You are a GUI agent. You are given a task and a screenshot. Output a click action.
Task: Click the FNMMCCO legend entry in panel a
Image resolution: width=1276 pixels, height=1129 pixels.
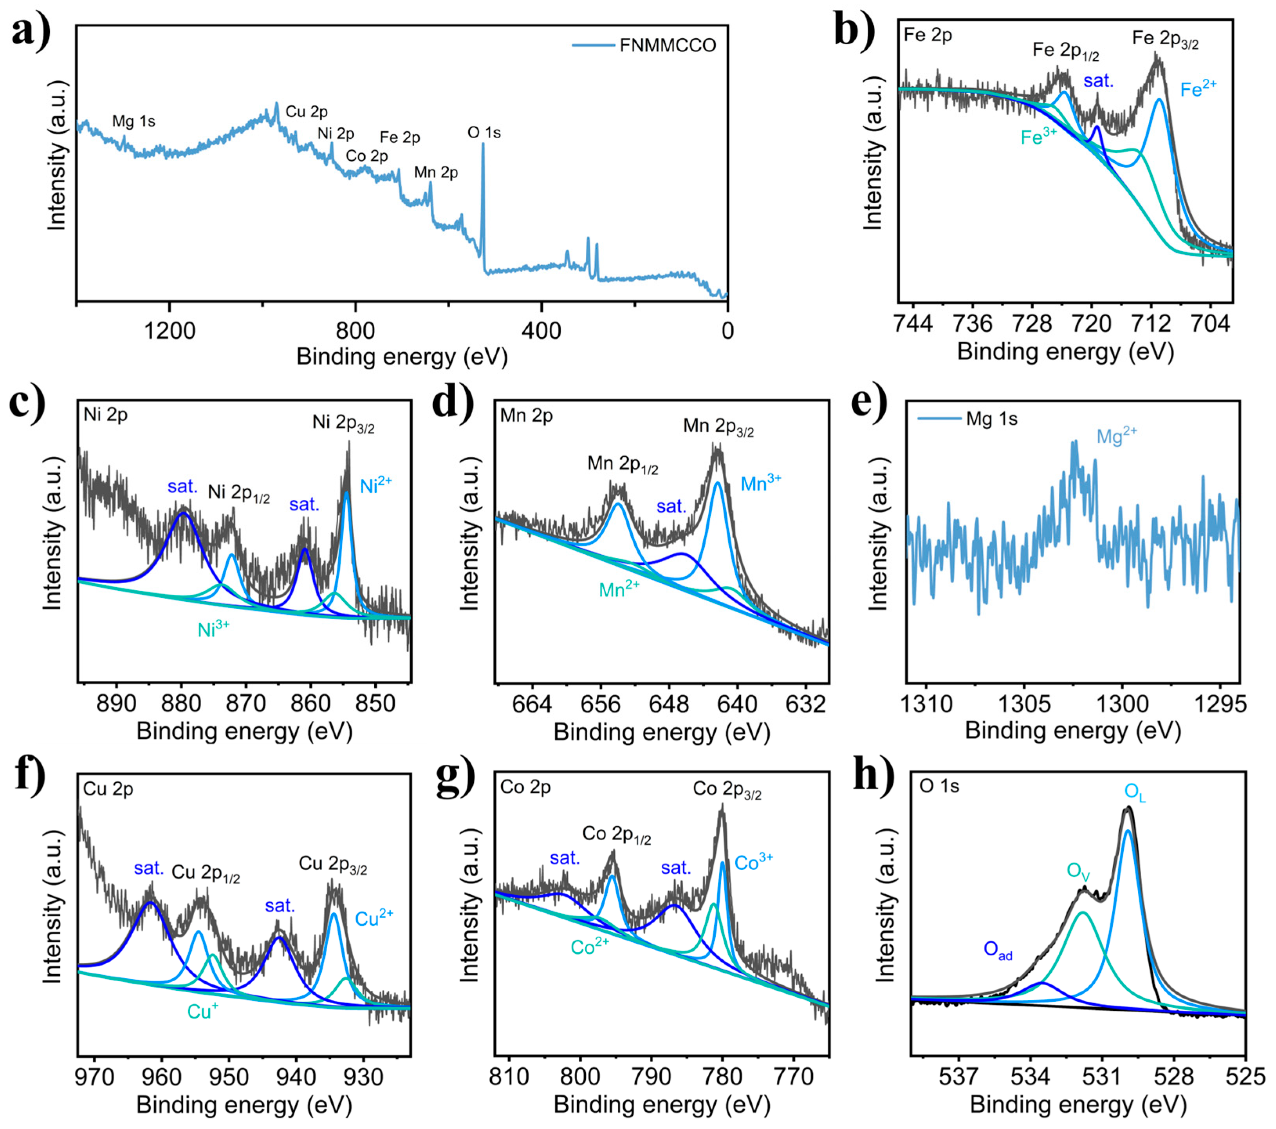(x=667, y=45)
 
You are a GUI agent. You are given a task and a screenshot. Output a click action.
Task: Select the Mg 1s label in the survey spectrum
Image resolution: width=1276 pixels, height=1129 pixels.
(x=134, y=121)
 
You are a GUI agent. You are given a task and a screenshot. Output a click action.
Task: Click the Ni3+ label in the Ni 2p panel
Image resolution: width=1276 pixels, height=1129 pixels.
(x=213, y=630)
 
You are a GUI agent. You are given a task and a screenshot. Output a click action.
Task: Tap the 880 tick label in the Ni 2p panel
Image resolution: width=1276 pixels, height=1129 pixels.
(x=181, y=703)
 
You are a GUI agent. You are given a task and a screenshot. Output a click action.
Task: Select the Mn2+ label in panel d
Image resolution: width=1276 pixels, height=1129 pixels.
(x=619, y=589)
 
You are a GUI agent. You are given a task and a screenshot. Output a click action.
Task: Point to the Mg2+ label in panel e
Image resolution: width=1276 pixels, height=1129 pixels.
(x=1116, y=436)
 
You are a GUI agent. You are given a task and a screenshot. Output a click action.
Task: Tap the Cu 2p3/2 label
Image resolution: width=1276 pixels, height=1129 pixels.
(x=333, y=864)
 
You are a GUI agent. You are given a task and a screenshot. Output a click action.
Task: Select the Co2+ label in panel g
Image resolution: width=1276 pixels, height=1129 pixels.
(x=589, y=947)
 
